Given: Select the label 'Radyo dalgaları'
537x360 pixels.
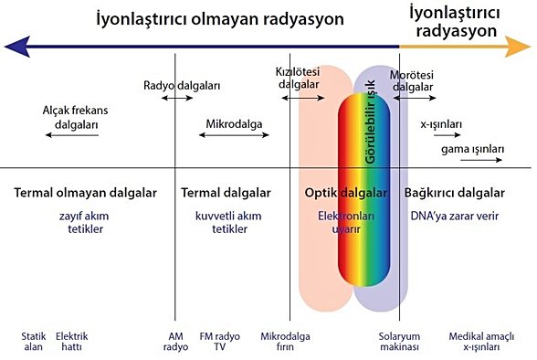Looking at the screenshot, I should pos(182,86).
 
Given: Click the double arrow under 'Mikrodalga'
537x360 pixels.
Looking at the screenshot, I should pos(234,134).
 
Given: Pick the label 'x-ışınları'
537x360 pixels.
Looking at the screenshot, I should pos(442,124).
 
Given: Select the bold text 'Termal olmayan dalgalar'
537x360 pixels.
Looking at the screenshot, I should pos(86,194).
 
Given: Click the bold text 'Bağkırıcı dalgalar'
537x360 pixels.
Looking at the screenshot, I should pos(454,194).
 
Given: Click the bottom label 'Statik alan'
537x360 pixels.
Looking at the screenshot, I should pos(33,341).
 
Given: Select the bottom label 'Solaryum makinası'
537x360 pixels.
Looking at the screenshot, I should pos(398,341).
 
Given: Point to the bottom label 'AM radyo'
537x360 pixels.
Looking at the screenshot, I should pos(175,341).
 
